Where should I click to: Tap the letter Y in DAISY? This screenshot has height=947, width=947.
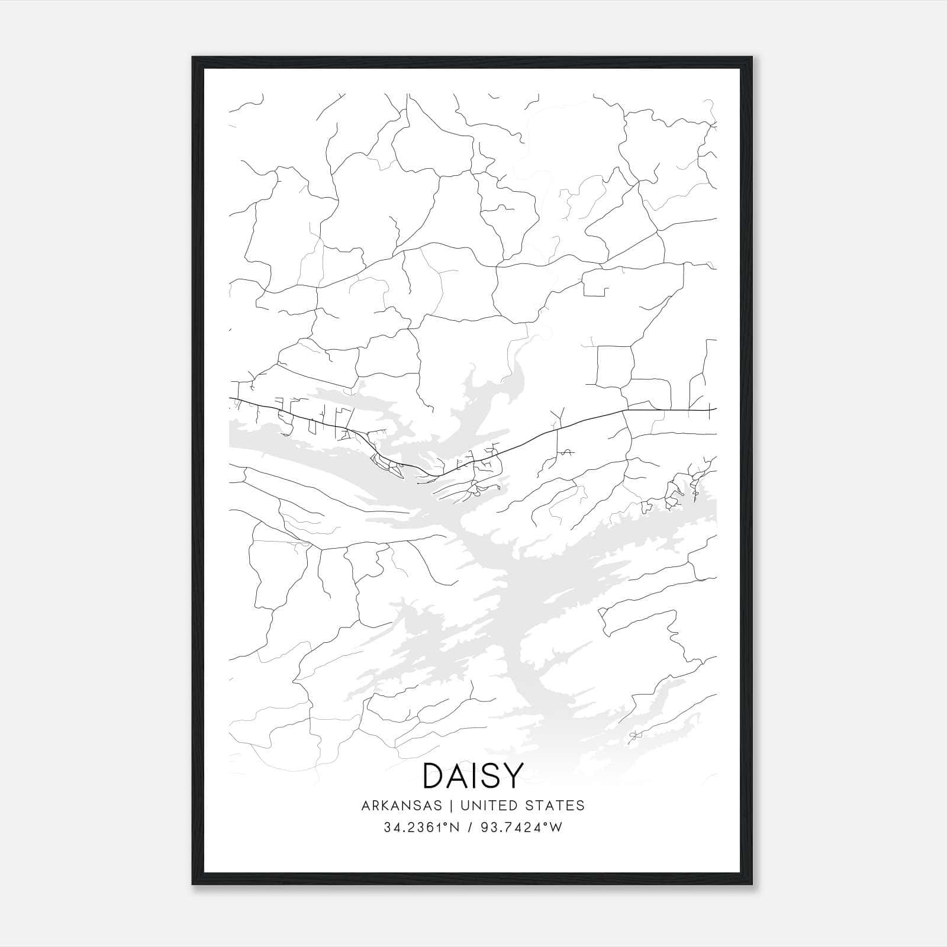point(513,775)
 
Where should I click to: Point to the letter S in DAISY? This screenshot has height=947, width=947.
point(488,775)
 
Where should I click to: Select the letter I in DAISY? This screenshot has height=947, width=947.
point(472,775)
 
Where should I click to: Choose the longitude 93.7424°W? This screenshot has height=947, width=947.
point(521,827)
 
